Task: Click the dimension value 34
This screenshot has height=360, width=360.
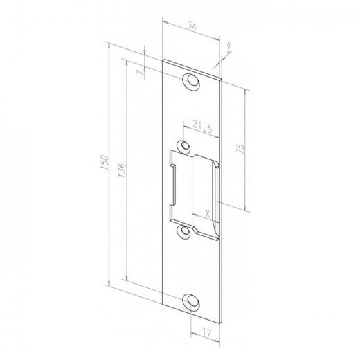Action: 192,26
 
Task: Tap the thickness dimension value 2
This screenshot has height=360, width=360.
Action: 228,48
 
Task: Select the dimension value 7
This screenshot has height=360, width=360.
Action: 140,73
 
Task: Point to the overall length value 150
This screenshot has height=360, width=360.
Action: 105,163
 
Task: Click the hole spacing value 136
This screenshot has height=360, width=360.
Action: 122,170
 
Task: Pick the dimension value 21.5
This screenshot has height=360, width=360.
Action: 202,127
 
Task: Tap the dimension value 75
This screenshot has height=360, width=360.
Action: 240,149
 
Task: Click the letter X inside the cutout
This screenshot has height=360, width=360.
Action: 207,214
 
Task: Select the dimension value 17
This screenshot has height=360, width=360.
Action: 206,333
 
